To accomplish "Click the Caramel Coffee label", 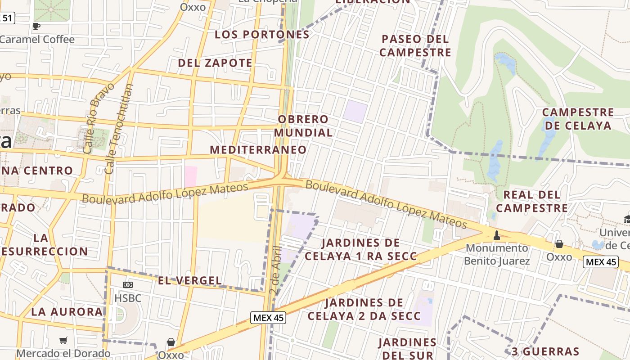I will coord(37,39).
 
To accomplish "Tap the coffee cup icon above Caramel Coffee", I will coord(36,26).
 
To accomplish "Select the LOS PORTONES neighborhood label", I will coord(262,35).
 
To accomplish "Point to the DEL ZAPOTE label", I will coord(215,63).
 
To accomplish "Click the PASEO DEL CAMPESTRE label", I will coord(415,45).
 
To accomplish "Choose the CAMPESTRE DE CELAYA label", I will coord(578,119).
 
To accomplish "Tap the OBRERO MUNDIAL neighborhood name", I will coord(303,126).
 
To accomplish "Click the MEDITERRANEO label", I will coord(258,149).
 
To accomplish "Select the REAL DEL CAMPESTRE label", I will coord(532,201).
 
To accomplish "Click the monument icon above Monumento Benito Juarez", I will coord(497,235).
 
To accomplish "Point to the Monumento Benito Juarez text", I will coord(497,254).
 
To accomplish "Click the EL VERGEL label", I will coord(190,281).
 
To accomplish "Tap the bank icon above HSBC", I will coord(128,285).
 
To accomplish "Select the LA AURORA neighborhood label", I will coord(67,311).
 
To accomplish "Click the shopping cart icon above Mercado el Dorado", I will coord(63,341).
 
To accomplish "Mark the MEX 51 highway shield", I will coord(7,18).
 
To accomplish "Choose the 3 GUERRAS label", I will coord(545,351).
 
